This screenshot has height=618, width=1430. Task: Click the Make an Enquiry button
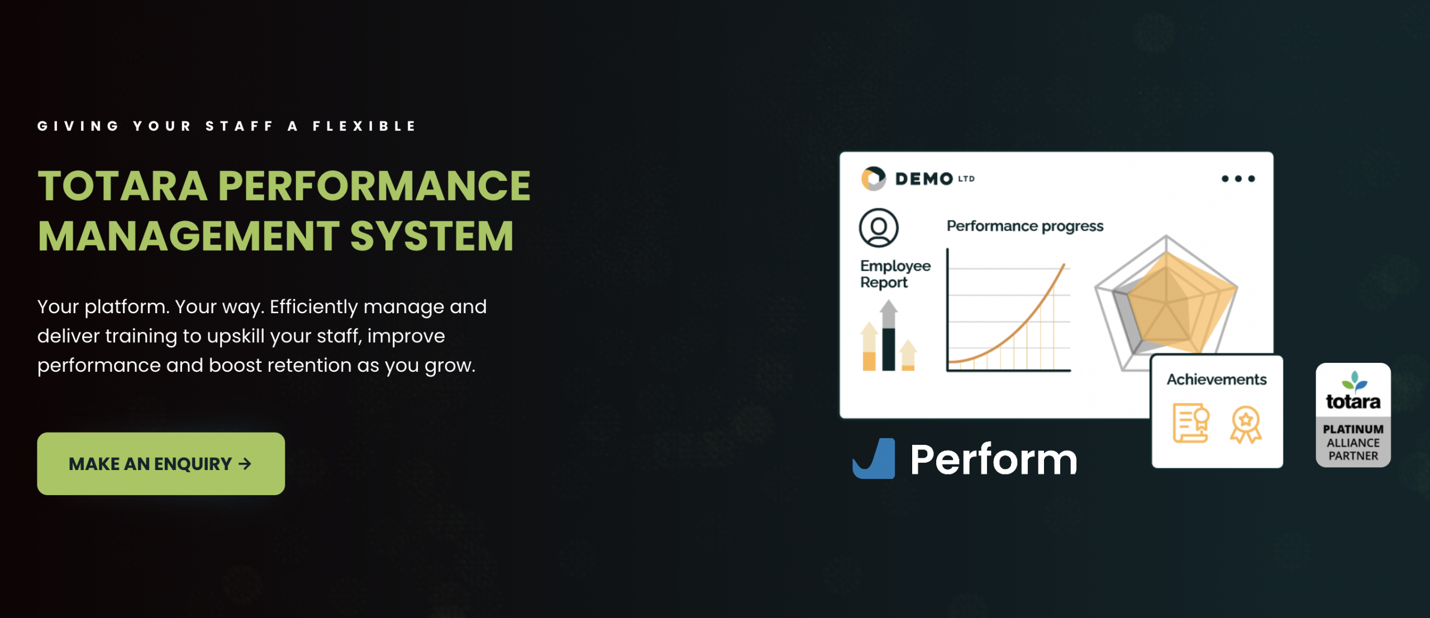coord(161,463)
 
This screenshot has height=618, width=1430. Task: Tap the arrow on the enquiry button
coord(245,463)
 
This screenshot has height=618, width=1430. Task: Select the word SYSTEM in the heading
coord(431,236)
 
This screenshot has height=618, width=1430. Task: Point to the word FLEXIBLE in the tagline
coord(364,126)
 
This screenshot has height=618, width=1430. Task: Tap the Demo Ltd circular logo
coord(873,179)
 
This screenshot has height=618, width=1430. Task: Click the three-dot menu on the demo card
coord(1238,179)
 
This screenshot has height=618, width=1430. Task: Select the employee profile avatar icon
coord(879,228)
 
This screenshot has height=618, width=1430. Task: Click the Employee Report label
coord(895,274)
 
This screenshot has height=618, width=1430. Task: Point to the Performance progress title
coord(1024,226)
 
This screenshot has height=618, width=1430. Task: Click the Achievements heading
coord(1216,380)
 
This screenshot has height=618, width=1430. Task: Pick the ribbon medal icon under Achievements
coord(1245,424)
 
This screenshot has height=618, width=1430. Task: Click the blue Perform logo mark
coord(874,459)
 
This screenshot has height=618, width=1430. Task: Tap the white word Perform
coord(993,459)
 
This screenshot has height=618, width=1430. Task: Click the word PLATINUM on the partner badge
coord(1353,429)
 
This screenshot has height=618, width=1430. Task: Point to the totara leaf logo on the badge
coord(1353,381)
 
